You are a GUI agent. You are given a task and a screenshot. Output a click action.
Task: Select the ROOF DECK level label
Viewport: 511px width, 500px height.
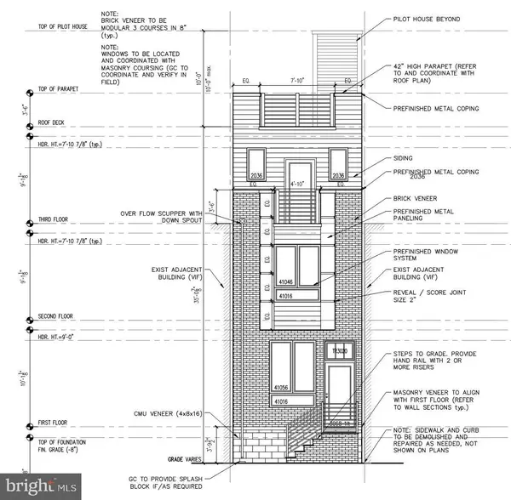pos(54,122)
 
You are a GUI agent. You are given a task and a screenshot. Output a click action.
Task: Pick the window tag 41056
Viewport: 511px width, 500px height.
pos(280,384)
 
